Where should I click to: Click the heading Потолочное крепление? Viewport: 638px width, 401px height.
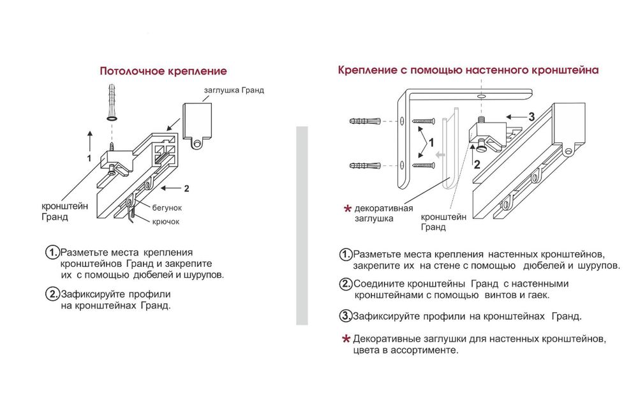click(x=163, y=71)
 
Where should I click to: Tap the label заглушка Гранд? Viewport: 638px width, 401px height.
click(x=234, y=91)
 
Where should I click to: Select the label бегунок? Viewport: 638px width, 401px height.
click(x=167, y=208)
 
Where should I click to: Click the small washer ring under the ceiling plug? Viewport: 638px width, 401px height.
click(x=111, y=119)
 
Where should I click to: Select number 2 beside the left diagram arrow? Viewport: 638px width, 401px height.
click(x=186, y=188)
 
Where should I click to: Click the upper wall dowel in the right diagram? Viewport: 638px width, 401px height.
click(x=365, y=121)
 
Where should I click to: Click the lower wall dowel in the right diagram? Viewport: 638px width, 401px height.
click(x=365, y=166)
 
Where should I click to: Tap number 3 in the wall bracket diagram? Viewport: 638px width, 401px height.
click(x=531, y=117)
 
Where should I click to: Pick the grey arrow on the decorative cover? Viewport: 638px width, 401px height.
click(x=440, y=154)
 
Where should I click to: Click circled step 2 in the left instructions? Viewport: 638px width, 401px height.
click(x=52, y=294)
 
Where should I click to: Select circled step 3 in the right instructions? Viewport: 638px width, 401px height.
click(x=345, y=315)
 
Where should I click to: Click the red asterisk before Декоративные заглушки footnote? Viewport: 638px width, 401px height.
click(x=346, y=338)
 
